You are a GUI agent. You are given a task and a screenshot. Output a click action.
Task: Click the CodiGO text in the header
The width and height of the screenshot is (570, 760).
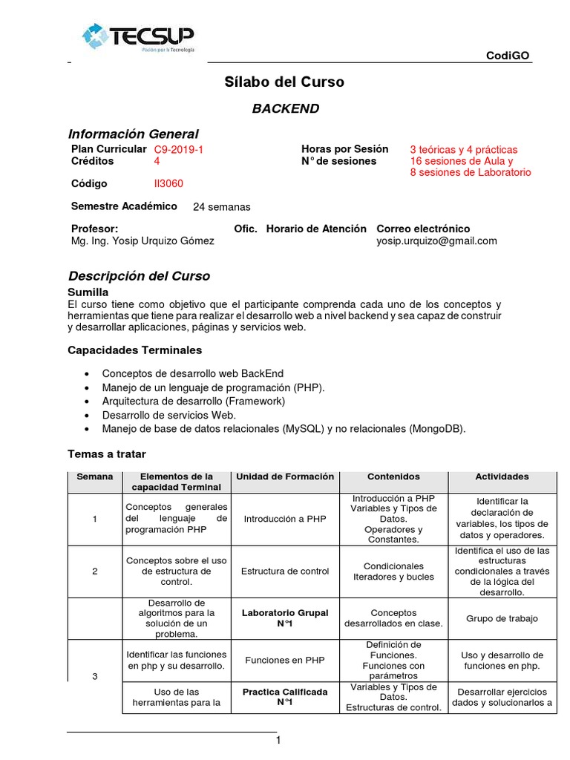coord(508,56)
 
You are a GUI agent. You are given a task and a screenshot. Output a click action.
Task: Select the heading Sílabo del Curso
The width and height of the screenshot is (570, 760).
coord(284,82)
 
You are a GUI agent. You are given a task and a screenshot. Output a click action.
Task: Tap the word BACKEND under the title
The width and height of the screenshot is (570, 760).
coord(285,109)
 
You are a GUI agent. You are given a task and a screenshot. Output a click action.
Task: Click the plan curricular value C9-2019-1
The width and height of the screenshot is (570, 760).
coord(178,149)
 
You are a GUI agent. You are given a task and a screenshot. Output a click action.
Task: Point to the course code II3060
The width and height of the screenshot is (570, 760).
coord(168,183)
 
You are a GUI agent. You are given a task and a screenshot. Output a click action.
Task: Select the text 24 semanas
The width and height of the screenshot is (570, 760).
coord(221,207)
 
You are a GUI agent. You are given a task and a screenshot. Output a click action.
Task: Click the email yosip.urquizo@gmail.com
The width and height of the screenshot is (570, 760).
coord(436,240)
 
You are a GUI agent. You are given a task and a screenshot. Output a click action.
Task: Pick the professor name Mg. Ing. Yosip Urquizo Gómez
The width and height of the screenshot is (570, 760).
coord(142,240)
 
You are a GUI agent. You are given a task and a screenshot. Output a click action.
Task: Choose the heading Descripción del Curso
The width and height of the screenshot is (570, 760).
coord(139,276)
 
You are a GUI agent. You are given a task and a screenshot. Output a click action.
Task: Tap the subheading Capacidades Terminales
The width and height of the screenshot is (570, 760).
coord(134,350)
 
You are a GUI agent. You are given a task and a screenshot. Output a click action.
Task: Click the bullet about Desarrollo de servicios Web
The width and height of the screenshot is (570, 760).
coord(168,415)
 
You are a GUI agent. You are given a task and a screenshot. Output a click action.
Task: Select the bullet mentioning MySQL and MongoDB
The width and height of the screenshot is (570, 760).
coord(284,429)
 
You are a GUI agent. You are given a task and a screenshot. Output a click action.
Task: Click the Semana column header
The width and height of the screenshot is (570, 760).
coord(95,476)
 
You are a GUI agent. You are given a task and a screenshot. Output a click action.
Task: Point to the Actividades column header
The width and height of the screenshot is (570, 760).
coord(502,476)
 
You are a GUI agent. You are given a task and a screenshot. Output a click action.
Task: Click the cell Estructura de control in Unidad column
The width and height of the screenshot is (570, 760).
coord(285,571)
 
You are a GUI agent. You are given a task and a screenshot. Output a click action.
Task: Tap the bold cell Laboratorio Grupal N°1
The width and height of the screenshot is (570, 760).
coord(285,618)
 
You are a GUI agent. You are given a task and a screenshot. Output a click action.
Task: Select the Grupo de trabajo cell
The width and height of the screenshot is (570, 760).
coord(502,618)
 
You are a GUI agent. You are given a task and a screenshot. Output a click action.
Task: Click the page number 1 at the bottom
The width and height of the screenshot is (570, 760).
coord(278,741)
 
